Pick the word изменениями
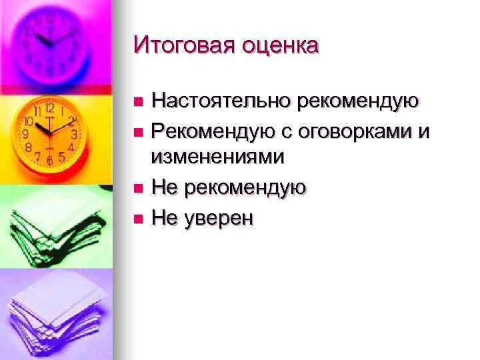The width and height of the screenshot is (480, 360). [x=218, y=157]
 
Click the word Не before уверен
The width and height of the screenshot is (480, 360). [x=164, y=217]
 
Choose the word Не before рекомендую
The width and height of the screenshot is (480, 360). [x=164, y=188]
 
